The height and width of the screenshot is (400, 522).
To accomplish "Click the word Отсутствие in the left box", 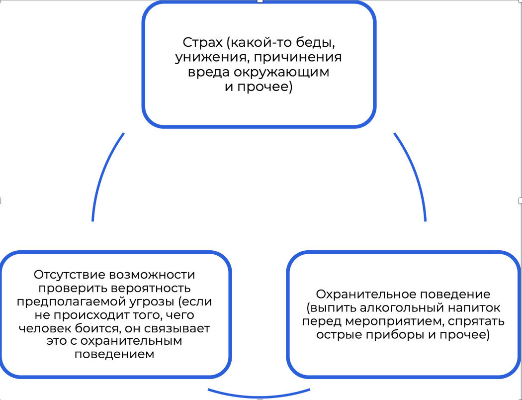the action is tap(69, 275).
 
